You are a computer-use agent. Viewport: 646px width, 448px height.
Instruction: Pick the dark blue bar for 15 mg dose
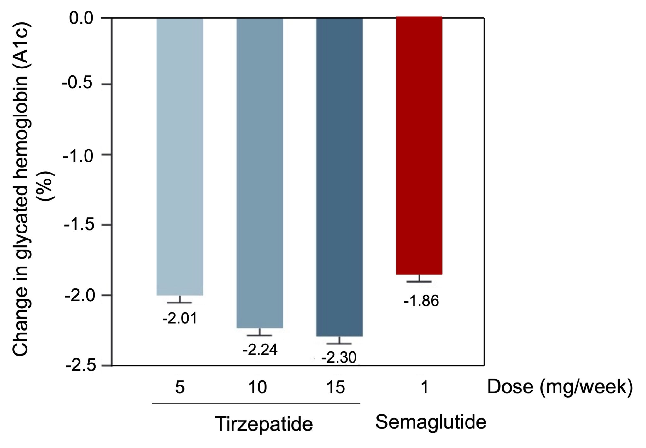tap(339, 177)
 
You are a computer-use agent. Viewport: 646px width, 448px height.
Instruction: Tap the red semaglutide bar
tap(419, 145)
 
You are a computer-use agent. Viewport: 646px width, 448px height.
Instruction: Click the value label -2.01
tap(180, 319)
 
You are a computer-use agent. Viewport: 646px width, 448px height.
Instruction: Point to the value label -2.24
tap(260, 350)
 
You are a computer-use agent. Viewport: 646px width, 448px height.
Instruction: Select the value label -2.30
tap(339, 358)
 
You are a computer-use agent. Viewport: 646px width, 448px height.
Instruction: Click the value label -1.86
tap(421, 301)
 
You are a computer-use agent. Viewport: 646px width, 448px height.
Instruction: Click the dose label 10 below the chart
tap(258, 387)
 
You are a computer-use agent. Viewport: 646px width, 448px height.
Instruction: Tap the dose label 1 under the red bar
tap(425, 387)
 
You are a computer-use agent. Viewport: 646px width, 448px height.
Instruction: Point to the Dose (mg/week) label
tap(560, 387)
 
